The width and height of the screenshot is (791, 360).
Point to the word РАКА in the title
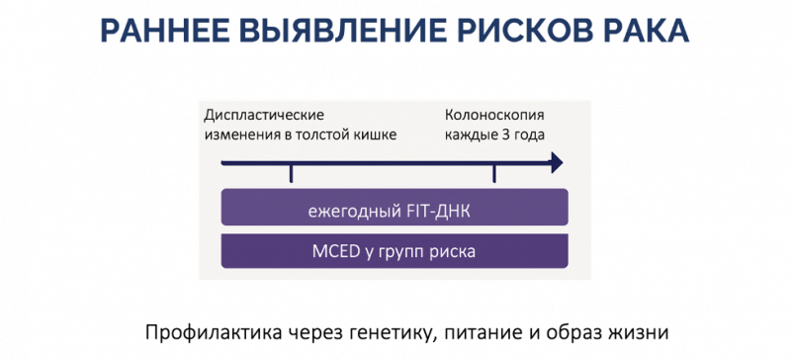644,30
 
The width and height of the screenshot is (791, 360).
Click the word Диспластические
264,115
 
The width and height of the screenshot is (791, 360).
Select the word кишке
375,135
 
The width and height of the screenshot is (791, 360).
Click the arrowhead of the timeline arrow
557,161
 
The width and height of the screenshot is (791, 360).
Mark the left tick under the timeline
291,173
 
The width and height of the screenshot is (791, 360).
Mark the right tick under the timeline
494,173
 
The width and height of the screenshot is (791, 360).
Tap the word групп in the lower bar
405,251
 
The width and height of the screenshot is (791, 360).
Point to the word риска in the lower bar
455,251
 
